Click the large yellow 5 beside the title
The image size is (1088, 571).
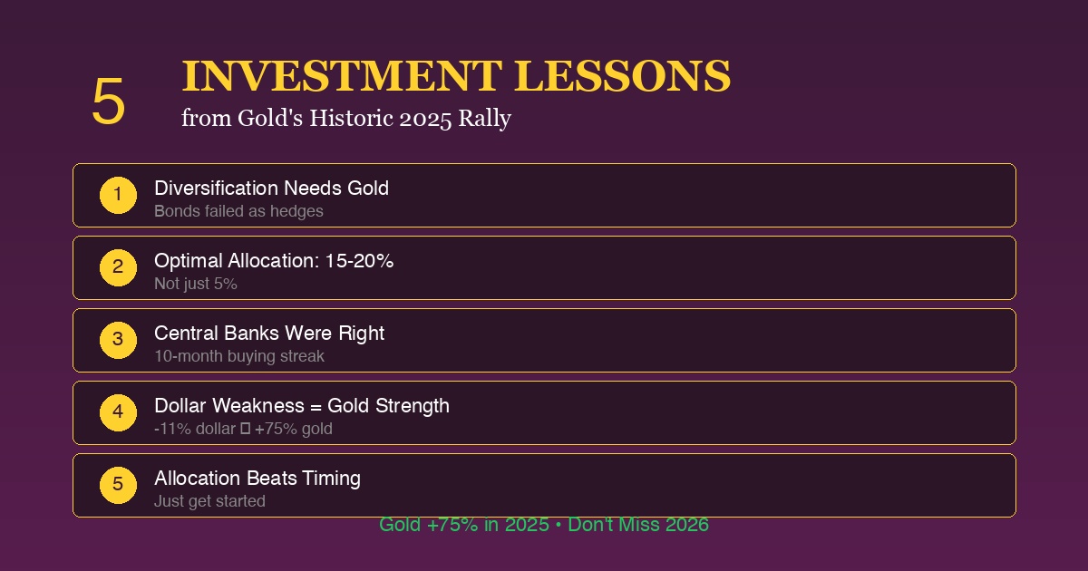pyautogui.click(x=108, y=102)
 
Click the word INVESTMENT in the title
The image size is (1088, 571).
pyautogui.click(x=342, y=76)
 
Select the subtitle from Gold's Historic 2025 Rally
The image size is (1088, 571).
pyautogui.click(x=345, y=118)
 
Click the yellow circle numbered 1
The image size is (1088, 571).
pyautogui.click(x=118, y=195)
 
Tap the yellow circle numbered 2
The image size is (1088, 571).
pyautogui.click(x=118, y=267)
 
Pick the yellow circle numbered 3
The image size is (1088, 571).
pyautogui.click(x=118, y=340)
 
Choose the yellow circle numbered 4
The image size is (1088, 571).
pyautogui.click(x=118, y=412)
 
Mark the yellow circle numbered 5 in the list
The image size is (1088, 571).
pyautogui.click(x=118, y=485)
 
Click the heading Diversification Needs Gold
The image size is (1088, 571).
pyautogui.click(x=271, y=189)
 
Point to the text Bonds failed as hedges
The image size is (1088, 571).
pyautogui.click(x=238, y=211)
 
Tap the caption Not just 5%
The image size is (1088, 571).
pyautogui.click(x=196, y=284)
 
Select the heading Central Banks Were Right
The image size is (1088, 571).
pyautogui.click(x=269, y=334)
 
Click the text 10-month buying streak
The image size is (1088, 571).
pyautogui.click(x=239, y=356)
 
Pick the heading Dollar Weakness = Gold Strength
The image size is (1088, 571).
pyautogui.click(x=302, y=406)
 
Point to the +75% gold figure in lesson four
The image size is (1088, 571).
pyautogui.click(x=294, y=429)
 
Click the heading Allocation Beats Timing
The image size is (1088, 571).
pyautogui.click(x=257, y=479)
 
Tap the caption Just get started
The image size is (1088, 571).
pyautogui.click(x=209, y=501)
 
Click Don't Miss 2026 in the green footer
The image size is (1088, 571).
pyautogui.click(x=638, y=525)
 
